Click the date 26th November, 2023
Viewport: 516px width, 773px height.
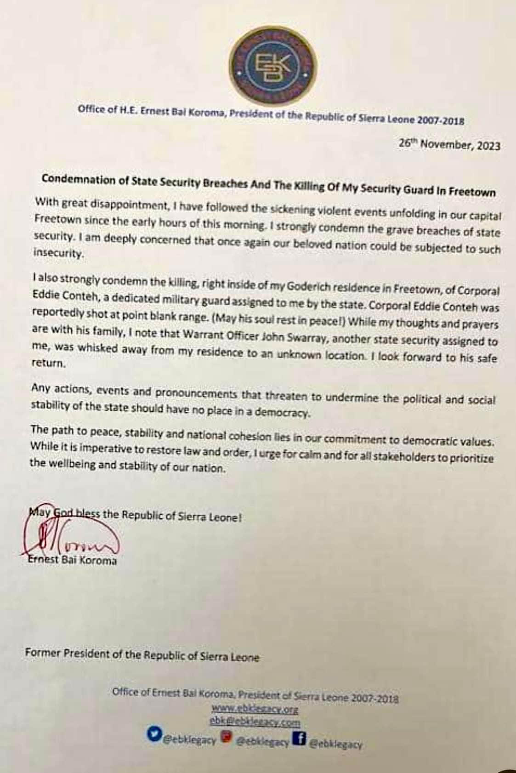coord(449,144)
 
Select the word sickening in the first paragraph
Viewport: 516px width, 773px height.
coord(277,209)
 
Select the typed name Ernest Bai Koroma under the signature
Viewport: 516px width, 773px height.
coord(72,560)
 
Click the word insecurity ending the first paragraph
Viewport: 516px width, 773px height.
coord(58,254)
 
